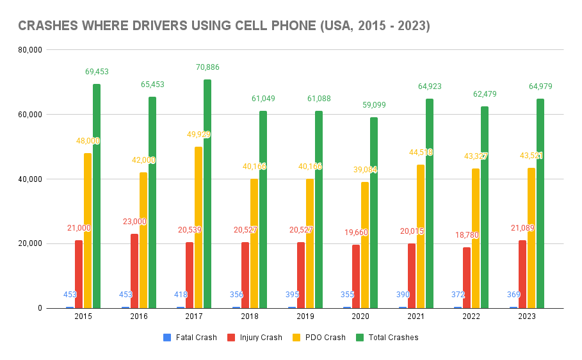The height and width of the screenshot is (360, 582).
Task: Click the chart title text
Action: [x=223, y=26]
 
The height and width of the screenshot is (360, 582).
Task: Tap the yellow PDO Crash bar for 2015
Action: [x=88, y=231]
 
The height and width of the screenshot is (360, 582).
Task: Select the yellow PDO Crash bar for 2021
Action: [x=420, y=236]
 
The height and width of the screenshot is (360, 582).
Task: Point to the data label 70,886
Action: [x=207, y=67]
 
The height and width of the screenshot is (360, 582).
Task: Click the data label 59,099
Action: [x=373, y=105]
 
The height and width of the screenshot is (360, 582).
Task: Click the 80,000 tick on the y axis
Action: [x=31, y=50]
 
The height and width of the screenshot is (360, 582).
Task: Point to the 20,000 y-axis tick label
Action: [x=31, y=243]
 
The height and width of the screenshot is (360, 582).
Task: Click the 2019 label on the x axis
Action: [x=305, y=316]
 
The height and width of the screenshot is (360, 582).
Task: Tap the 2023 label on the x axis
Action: [x=527, y=316]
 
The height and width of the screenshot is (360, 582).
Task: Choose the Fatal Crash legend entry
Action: [x=190, y=338]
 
